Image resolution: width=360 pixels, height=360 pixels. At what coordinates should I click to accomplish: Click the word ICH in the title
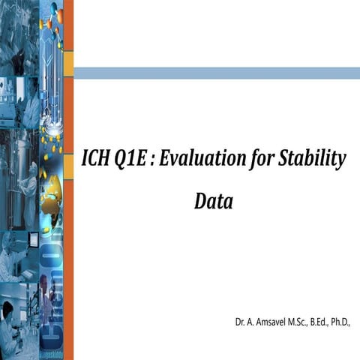tap(95, 160)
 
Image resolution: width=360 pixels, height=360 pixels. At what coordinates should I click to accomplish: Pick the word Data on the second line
tap(213, 201)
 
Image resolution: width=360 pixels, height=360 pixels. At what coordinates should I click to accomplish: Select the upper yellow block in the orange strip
tap(68, 64)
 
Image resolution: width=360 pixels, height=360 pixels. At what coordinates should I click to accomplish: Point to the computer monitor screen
tap(34, 240)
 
